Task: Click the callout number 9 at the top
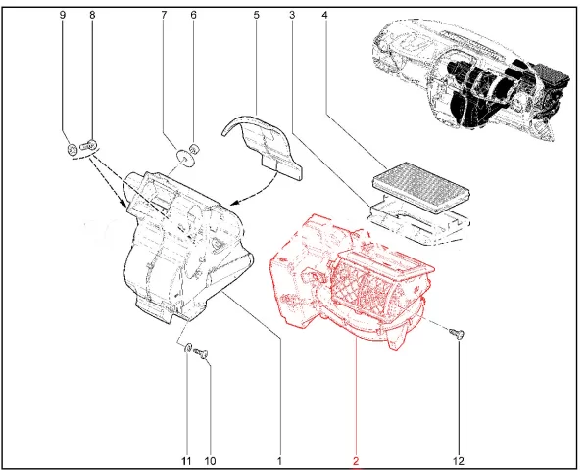[63, 15]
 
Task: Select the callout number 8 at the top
[92, 15]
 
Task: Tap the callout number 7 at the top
[164, 15]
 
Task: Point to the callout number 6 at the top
[193, 15]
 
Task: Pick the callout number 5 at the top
[256, 15]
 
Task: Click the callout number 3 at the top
[292, 15]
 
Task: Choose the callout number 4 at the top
[324, 15]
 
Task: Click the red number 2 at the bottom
[356, 460]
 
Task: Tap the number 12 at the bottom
[459, 460]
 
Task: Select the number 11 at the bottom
[186, 460]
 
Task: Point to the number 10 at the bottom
[211, 460]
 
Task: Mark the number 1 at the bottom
[279, 460]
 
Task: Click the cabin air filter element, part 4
[421, 187]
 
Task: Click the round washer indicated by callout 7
[185, 158]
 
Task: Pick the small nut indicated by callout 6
[195, 149]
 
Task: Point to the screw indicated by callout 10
[201, 352]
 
